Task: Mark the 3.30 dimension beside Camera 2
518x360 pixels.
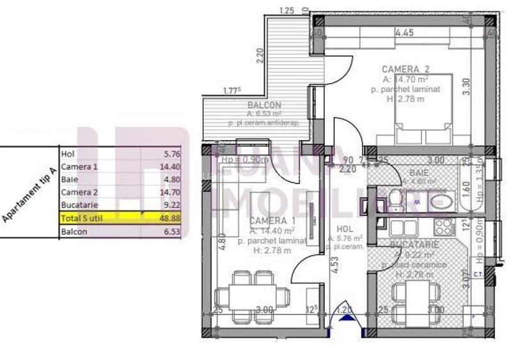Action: pos(466,86)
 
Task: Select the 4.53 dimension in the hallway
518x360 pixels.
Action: pos(334,265)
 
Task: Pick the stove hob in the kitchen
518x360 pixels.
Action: pos(442,226)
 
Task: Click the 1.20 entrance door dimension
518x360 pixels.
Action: pos(345,311)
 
